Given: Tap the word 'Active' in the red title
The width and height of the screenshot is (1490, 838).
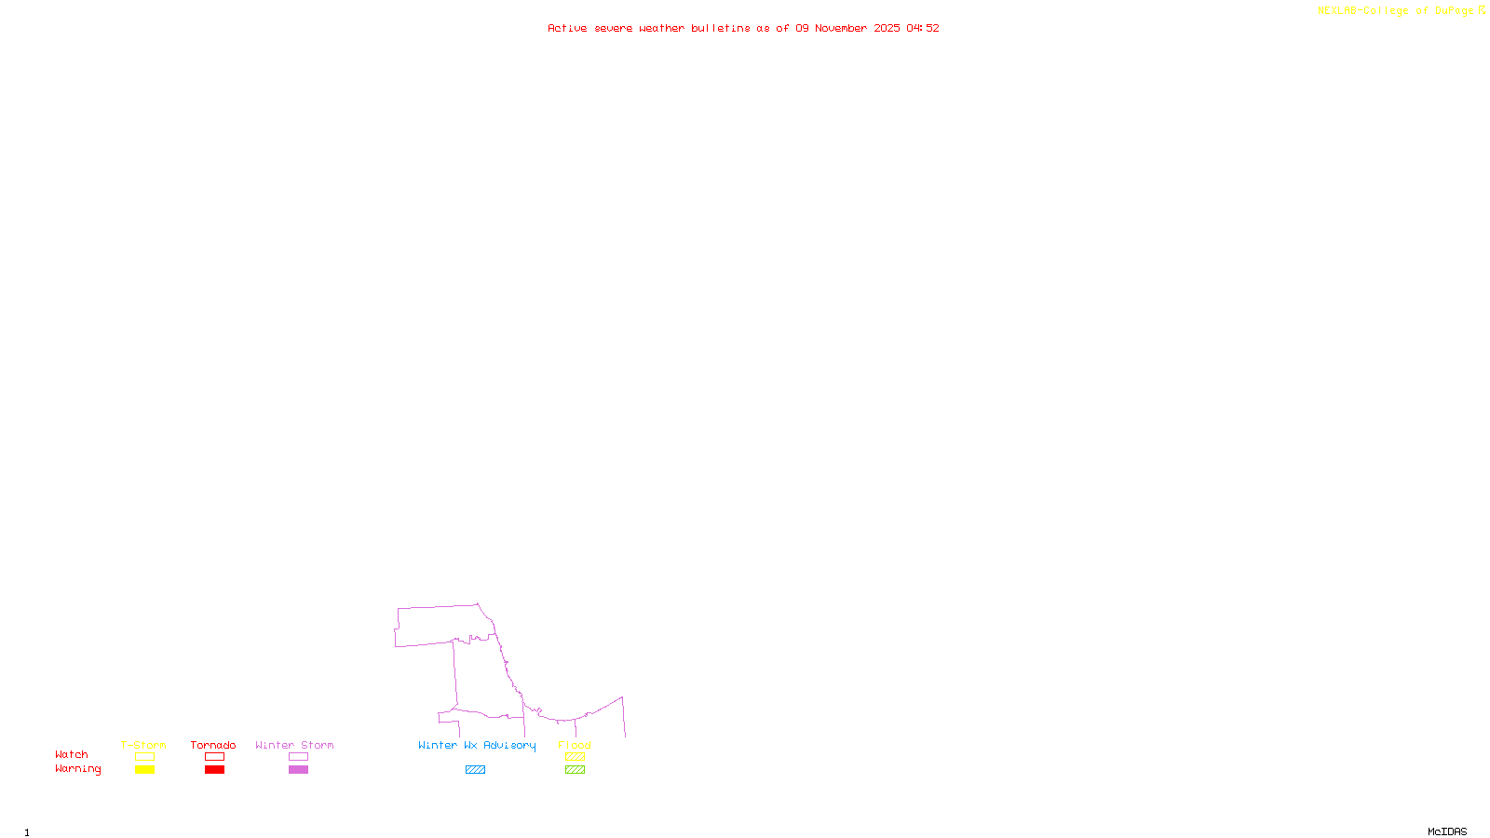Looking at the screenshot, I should pos(567,28).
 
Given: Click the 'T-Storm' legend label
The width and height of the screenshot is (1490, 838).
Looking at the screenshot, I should pos(143,745).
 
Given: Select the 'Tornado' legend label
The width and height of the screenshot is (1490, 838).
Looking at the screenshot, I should pos(213,745).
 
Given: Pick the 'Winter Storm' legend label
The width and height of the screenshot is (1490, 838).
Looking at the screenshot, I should pos(294,745).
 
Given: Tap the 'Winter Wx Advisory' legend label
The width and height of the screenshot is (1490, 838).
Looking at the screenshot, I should pos(477,745).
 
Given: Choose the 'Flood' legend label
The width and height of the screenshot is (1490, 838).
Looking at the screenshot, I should pos(575,745).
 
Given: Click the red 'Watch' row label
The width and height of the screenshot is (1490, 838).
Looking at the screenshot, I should pos(72,754).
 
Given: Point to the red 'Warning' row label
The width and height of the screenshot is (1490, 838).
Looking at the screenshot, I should pos(77,769).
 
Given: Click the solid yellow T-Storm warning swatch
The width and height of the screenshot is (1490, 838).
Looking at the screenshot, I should pos(144,770).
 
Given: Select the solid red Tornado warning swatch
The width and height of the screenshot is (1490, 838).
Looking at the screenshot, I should pos(215,770).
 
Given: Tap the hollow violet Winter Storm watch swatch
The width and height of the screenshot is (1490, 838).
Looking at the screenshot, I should pos(298,757).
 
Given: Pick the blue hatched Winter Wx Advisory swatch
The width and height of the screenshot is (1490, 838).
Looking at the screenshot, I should pos(475,770).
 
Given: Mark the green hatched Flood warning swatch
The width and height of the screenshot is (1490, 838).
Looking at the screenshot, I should pos(575,770).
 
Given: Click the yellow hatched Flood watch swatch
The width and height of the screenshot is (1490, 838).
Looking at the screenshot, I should pos(575,757).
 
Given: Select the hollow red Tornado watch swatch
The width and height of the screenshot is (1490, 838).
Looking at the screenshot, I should pos(215,757).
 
